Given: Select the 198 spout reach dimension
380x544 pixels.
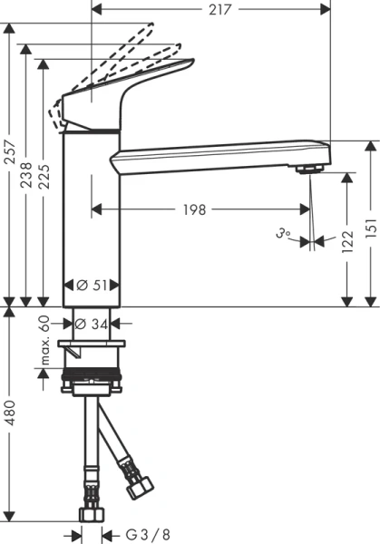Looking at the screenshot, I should pos(192,209).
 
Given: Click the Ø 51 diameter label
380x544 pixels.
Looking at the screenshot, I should pos(92,285).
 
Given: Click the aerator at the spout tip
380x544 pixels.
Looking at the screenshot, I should pos(309,170).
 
